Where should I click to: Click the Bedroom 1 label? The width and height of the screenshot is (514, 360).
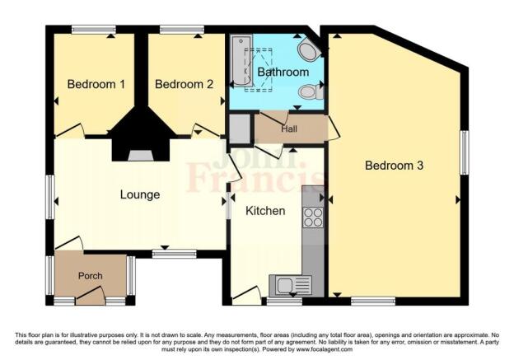coord(96,84)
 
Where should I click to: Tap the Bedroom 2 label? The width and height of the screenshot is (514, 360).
coord(184,84)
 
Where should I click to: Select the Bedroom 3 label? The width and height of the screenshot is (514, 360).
coord(394,166)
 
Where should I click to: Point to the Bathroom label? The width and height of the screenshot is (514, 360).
coord(282,72)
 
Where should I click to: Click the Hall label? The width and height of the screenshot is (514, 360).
coord(289,129)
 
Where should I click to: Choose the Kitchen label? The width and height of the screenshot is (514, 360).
coord(266,211)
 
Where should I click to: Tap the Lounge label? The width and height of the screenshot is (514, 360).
coord(139,194)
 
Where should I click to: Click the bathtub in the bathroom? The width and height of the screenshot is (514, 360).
coord(241,60)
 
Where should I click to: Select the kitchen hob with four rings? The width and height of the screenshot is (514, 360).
coord(313,217)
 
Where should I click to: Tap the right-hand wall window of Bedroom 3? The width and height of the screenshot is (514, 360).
coord(464,152)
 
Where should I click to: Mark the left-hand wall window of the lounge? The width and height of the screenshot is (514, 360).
coord(51,198)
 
